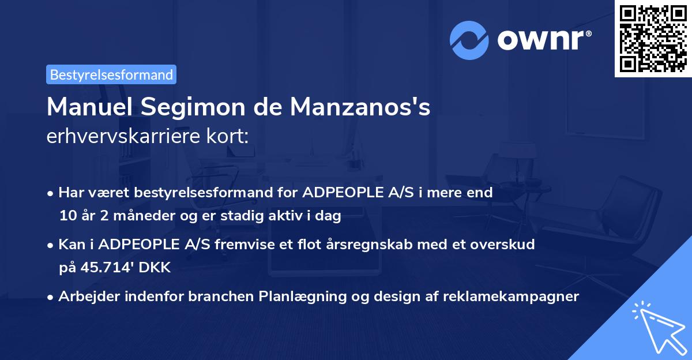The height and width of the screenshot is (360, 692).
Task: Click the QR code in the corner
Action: [653, 39]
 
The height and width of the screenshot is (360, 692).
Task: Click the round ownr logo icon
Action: [470, 40]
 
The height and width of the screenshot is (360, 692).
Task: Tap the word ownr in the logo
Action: [543, 40]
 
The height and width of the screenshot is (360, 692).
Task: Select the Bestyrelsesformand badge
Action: [111, 74]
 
